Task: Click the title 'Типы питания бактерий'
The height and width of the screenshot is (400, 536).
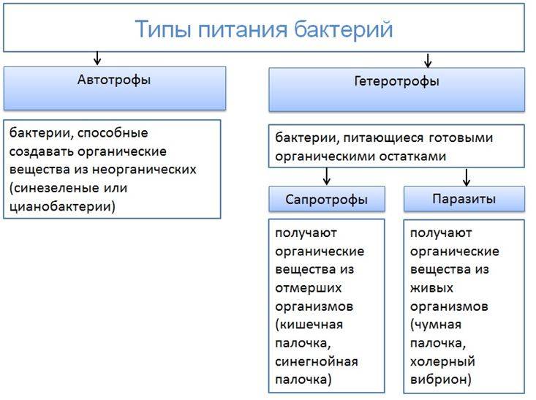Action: pos(264,29)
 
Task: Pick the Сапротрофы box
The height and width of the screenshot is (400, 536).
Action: pos(326,199)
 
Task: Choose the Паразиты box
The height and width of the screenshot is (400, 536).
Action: pos(464,198)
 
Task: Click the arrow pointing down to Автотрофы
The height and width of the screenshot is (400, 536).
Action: pos(97,59)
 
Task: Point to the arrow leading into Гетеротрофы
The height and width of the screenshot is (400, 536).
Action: pos(429,60)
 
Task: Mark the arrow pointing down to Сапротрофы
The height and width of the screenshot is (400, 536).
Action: pos(327,176)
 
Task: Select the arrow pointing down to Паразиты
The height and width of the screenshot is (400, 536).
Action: pos(466,176)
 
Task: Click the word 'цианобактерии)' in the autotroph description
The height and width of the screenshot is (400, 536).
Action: pos(62,206)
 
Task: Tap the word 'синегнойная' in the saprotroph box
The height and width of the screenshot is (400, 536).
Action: pos(317,361)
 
